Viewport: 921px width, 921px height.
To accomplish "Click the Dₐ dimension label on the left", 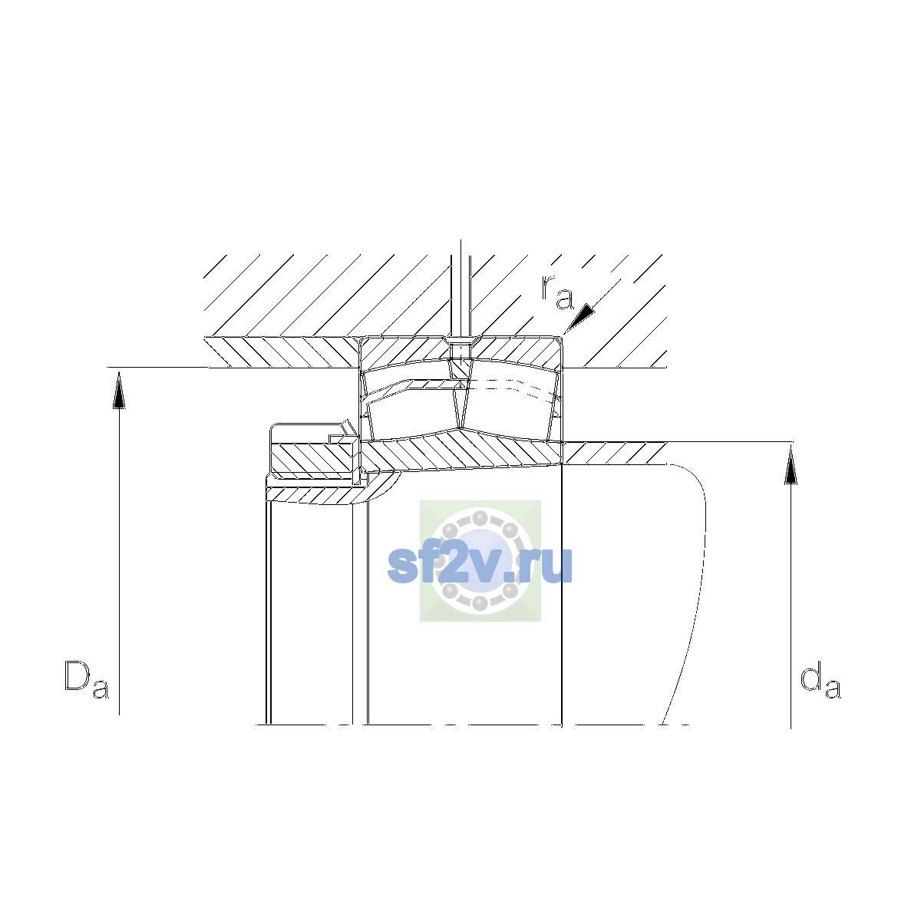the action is click(87, 679).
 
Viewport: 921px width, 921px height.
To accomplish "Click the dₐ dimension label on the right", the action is click(820, 680).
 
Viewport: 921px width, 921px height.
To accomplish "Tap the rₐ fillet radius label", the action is click(557, 292).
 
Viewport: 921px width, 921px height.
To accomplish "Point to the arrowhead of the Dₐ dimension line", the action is click(119, 390).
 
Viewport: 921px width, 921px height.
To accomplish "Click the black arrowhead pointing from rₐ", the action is click(581, 318).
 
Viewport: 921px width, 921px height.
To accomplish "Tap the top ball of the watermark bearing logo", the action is click(480, 518).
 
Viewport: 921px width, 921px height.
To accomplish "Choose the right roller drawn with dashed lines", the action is click(509, 411).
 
